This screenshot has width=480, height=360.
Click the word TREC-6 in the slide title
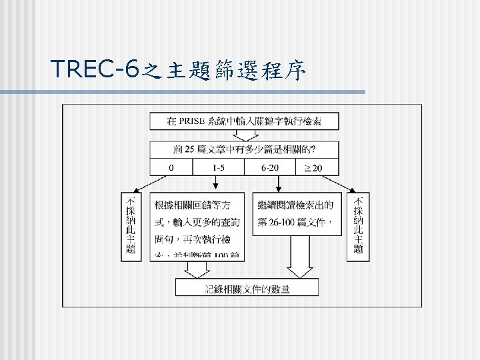94,69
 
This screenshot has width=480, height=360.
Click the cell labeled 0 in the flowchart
171,167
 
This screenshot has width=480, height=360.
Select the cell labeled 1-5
218,167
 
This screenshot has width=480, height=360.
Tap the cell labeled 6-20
270,167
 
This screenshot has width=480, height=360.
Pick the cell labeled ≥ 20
313,167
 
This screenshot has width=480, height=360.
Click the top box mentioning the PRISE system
244,121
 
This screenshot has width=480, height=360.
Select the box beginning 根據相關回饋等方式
197,227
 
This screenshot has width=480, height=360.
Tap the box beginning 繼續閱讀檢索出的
294,213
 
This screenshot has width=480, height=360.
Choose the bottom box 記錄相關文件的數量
247,288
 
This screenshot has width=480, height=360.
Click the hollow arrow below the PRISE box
244,135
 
